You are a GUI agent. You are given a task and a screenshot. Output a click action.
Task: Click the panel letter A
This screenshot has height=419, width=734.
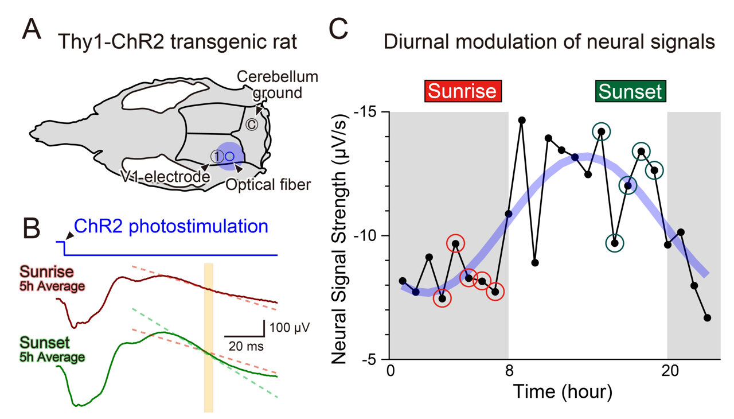(31, 29)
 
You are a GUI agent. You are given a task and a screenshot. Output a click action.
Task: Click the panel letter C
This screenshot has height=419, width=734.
(338, 28)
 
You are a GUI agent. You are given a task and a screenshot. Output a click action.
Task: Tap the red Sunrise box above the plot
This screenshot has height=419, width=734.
(463, 91)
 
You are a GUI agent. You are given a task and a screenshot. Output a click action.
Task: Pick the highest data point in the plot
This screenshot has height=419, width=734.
(522, 120)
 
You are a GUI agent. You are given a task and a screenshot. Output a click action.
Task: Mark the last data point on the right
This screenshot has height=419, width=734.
(707, 317)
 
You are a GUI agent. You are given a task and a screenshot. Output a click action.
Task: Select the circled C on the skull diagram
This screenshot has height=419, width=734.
(251, 125)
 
